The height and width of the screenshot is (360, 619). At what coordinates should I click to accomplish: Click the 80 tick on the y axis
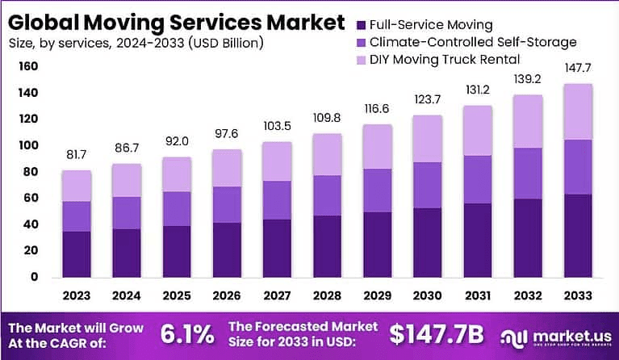[x=31, y=172]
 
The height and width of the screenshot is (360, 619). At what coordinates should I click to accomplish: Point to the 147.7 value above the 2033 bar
[x=577, y=70]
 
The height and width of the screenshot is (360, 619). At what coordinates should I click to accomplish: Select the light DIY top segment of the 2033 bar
[x=577, y=111]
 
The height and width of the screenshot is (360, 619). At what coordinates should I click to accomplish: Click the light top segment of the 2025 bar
[x=177, y=174]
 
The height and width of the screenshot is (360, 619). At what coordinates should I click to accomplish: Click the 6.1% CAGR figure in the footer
[x=187, y=333]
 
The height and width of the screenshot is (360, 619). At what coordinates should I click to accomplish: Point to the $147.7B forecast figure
[x=438, y=333]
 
